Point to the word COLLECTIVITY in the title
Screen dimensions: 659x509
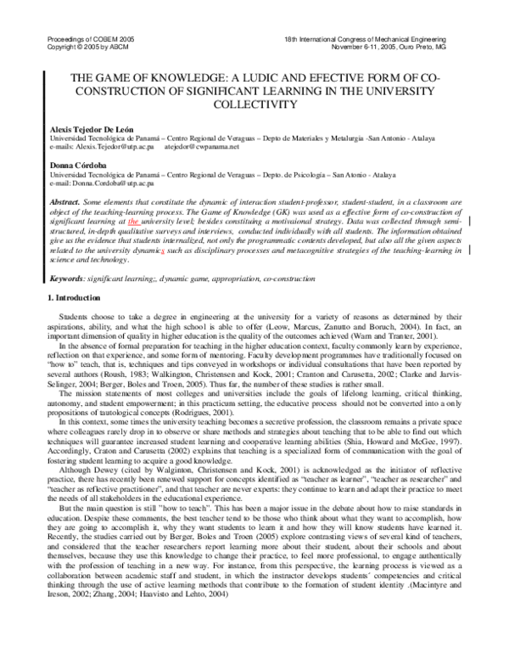255,104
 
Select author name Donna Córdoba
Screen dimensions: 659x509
72,166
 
